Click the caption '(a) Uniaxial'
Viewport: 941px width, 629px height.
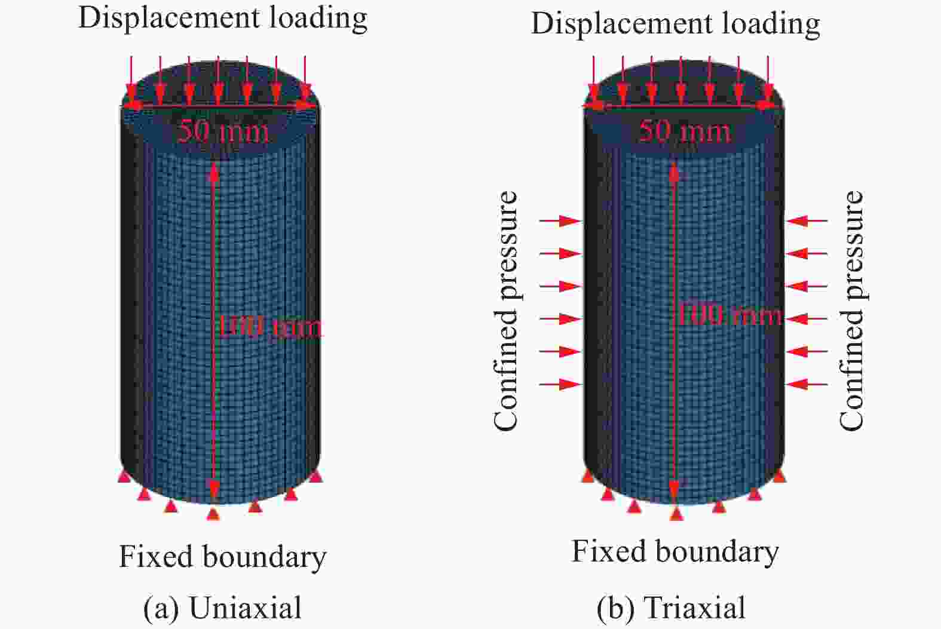tap(222, 608)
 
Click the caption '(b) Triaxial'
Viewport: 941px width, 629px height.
tap(672, 608)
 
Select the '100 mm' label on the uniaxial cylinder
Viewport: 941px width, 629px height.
tap(269, 326)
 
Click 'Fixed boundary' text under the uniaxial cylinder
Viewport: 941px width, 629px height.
tap(223, 557)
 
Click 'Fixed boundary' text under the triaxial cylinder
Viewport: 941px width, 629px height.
tap(676, 552)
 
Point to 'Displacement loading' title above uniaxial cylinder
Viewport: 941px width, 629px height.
tap(223, 19)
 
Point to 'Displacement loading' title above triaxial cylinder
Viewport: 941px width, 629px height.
tap(676, 24)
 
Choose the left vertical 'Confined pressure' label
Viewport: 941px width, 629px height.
tap(506, 311)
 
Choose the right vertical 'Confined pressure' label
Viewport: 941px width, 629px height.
tap(851, 311)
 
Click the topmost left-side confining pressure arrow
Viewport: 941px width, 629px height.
tap(560, 221)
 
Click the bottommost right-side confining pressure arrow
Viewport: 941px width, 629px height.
tap(807, 384)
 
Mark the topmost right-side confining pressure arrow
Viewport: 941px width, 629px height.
tap(807, 221)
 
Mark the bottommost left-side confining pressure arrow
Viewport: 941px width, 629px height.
tap(560, 384)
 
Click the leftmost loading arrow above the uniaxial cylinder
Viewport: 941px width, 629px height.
tap(131, 80)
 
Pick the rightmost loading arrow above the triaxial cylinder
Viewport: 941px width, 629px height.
tap(768, 80)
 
